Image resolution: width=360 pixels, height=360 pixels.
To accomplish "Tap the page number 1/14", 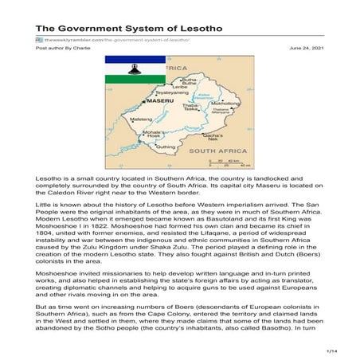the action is (332, 350).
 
